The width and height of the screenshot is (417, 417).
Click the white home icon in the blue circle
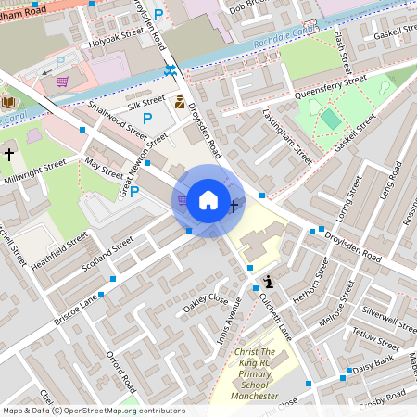click(x=208, y=199)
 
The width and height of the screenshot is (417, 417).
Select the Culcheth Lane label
click(x=274, y=316)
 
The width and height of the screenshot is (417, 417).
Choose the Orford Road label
click(x=121, y=371)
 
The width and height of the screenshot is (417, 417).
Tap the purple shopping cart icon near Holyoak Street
click(x=63, y=81)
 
